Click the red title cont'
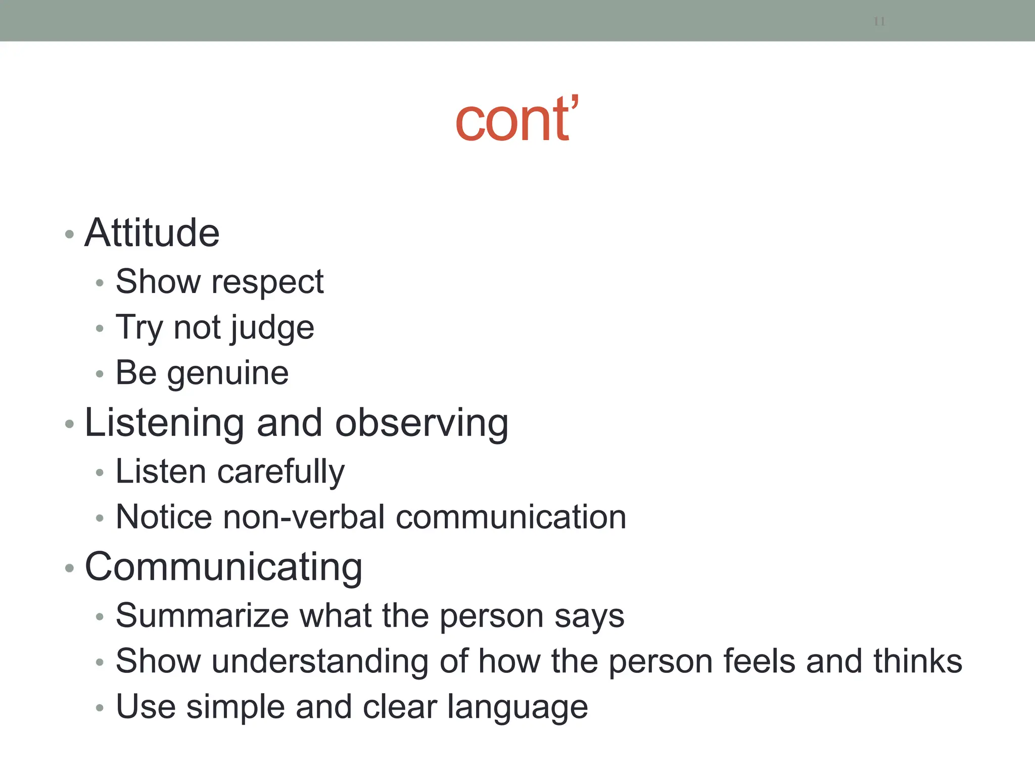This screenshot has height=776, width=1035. (x=516, y=120)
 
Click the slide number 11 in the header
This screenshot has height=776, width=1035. (x=879, y=22)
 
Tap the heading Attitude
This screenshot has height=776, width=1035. (x=152, y=233)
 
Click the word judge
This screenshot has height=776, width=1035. (x=272, y=328)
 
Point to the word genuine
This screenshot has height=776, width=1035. (x=228, y=373)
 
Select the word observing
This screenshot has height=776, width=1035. (x=421, y=423)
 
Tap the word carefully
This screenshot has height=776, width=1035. (x=280, y=472)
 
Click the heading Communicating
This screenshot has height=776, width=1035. (x=223, y=567)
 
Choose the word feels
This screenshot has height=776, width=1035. (x=759, y=661)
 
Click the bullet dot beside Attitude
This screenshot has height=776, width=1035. (x=70, y=234)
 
